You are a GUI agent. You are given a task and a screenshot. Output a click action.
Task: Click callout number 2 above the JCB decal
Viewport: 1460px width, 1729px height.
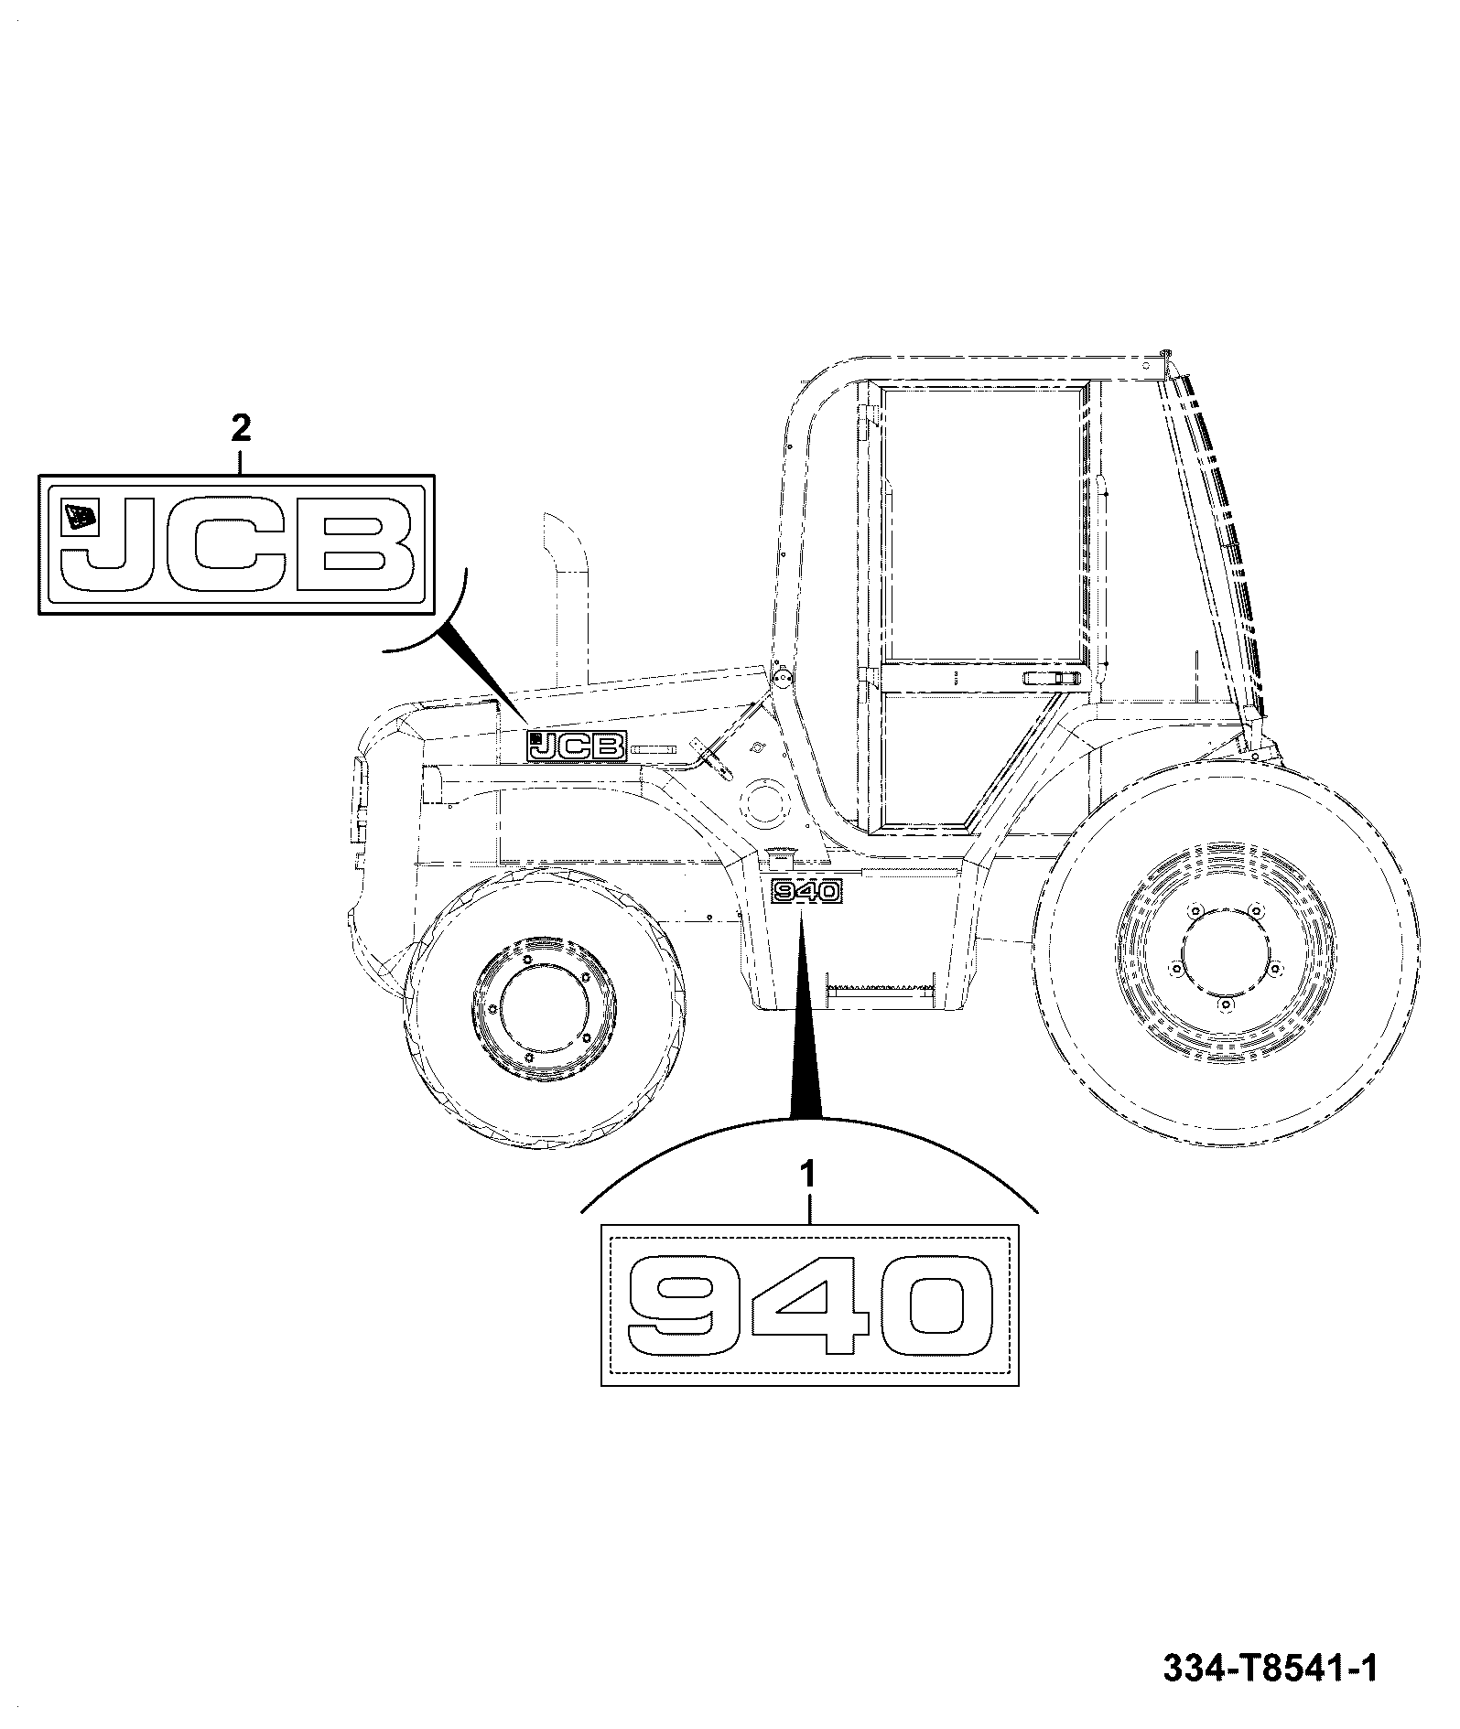point(241,427)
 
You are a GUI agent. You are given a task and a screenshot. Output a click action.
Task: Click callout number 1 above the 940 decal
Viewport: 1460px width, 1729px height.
point(807,1175)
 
